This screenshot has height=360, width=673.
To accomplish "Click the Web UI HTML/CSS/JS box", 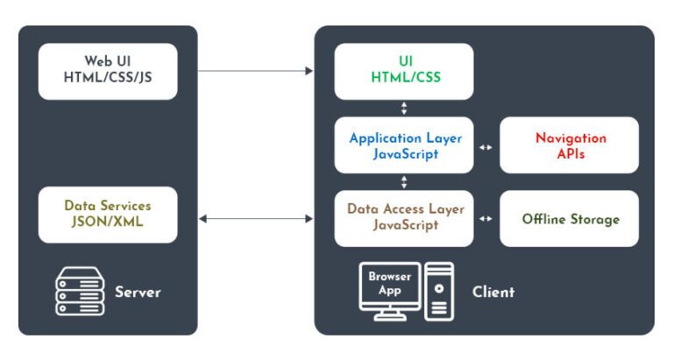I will [x=108, y=71].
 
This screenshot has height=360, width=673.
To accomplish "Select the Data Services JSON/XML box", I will [x=108, y=215].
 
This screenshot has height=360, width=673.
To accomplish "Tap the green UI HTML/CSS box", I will [x=404, y=71].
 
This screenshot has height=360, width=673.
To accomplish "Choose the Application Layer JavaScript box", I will [x=404, y=145].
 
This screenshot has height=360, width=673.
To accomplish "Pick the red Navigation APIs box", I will [x=570, y=145].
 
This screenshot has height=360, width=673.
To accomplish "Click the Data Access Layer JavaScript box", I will [x=404, y=218].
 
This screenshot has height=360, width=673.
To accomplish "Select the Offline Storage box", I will [x=570, y=219].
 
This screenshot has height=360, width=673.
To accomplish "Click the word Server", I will [x=138, y=292].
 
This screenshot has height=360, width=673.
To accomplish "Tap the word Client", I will [x=493, y=292].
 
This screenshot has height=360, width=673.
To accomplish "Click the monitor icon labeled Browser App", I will [x=390, y=287].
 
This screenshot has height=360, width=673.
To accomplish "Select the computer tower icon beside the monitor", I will [x=439, y=291].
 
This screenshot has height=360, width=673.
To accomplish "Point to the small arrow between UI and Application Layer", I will [x=404, y=109].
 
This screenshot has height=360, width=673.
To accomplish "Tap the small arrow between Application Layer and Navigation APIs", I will [x=486, y=146].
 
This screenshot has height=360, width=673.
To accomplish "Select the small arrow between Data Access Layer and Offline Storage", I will [x=486, y=218].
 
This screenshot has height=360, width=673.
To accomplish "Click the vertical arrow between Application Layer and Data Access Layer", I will [x=404, y=182].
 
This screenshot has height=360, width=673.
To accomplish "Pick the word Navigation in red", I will [x=570, y=138].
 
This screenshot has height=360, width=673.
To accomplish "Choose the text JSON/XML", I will [x=108, y=222].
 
